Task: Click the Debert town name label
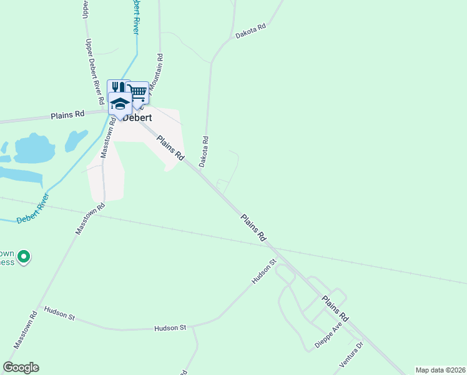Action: coord(138,117)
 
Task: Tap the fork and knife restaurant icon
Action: coord(117,89)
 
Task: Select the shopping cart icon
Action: coord(138,92)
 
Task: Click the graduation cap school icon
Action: coord(119,102)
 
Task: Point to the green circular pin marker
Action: coord(24,256)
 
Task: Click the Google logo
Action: coord(21,367)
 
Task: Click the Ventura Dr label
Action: coord(351,354)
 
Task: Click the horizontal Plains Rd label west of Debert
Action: coord(67,115)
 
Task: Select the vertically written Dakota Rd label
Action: coord(204,151)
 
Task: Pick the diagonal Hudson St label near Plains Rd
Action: coord(264,272)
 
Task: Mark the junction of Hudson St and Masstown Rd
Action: coord(40,307)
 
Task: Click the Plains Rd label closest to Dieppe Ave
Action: coord(335,309)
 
